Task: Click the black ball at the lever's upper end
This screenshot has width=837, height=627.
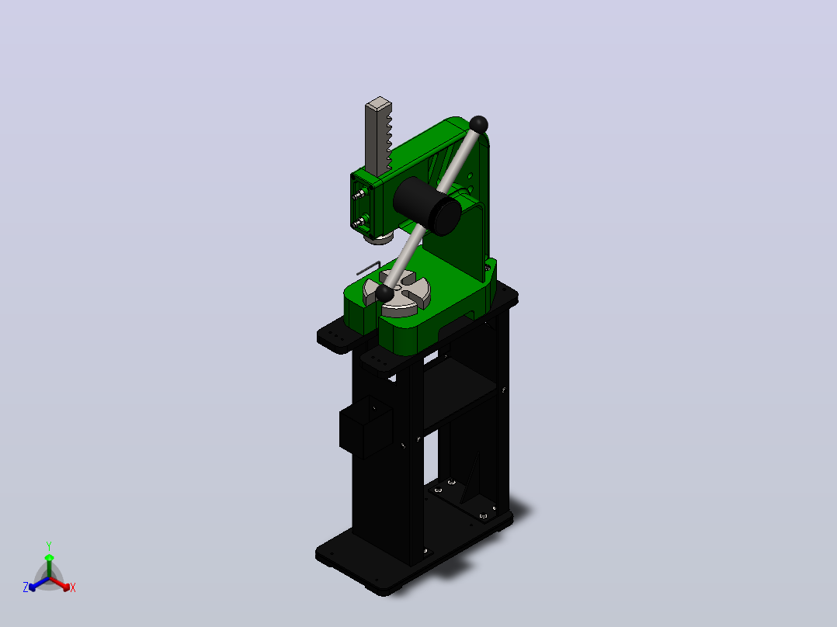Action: (479, 125)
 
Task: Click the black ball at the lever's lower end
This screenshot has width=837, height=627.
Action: (384, 293)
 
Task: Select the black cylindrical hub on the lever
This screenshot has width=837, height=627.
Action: (427, 206)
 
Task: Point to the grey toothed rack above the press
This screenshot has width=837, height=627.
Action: (378, 137)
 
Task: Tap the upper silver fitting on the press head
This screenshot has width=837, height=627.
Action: (359, 194)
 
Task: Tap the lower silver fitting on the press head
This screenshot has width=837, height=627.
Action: (359, 221)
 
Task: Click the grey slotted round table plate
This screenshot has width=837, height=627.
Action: (398, 293)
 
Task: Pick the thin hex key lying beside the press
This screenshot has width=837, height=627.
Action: (368, 268)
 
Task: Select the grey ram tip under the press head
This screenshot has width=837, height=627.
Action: (379, 238)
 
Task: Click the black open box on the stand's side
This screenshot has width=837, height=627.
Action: (366, 427)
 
